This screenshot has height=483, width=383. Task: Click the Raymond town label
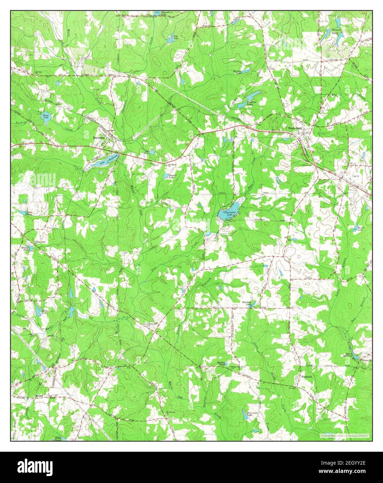(x=99, y=138)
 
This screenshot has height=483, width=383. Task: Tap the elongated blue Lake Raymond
(x=101, y=161)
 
